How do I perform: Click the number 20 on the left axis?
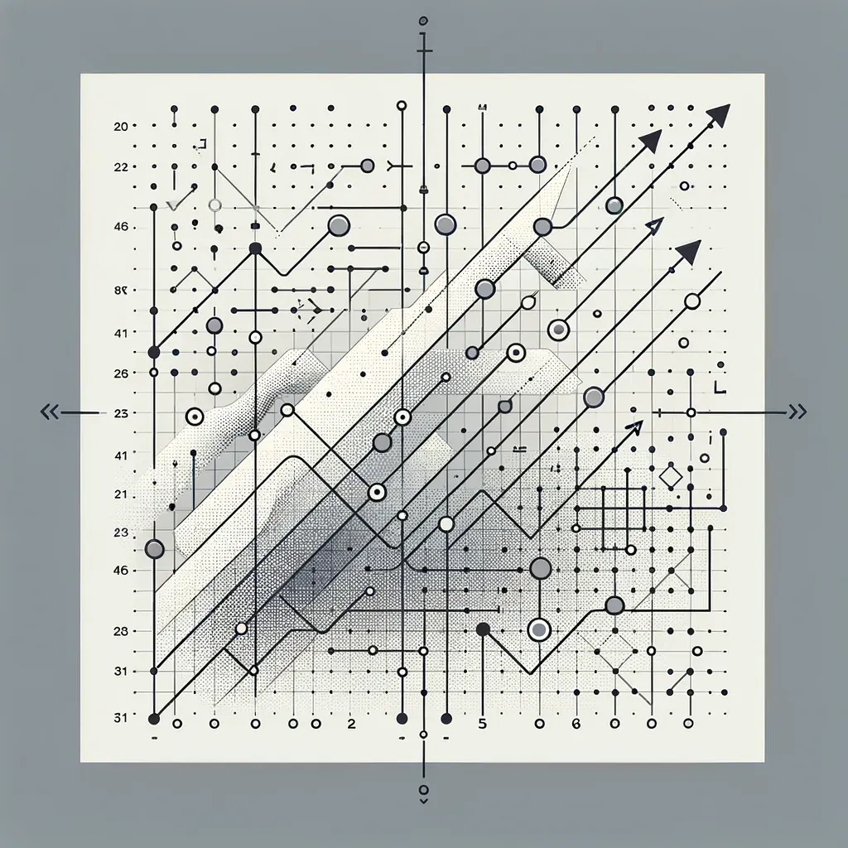click(x=120, y=127)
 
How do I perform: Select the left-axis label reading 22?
click(x=120, y=166)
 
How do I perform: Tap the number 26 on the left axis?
click(x=120, y=373)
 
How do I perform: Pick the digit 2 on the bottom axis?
click(x=351, y=723)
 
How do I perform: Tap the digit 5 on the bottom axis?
click(x=483, y=723)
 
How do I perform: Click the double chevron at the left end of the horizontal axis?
click(x=50, y=412)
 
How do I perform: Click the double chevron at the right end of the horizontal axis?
click(x=797, y=412)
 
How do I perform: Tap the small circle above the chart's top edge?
click(x=424, y=20)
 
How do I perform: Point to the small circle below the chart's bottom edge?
click(x=424, y=789)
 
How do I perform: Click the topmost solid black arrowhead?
click(x=719, y=115)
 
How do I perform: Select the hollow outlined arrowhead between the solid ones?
click(x=654, y=225)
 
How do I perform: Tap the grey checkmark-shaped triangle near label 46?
click(x=173, y=203)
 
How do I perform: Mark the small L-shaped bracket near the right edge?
click(x=719, y=387)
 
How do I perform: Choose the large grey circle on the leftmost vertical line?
click(x=154, y=548)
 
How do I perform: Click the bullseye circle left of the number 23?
click(x=195, y=417)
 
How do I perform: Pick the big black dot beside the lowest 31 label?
click(x=153, y=718)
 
